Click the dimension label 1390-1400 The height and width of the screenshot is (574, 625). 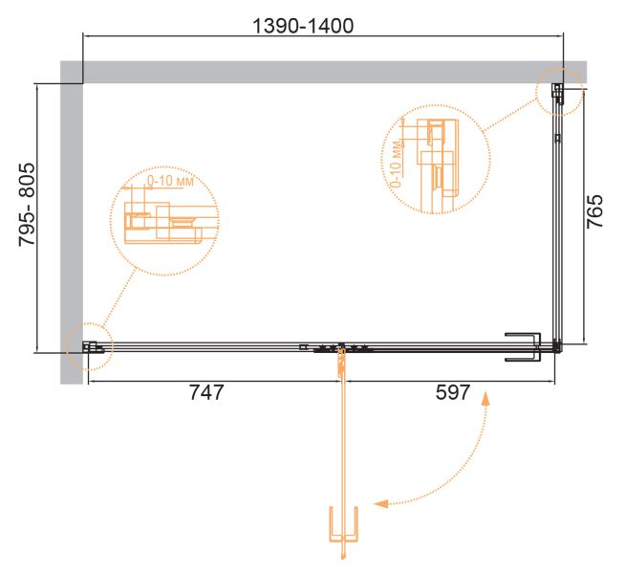click(x=303, y=27)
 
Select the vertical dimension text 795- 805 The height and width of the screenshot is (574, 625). click(x=28, y=204)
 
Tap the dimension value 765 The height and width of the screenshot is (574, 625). click(x=594, y=211)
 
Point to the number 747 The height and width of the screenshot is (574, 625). click(x=206, y=392)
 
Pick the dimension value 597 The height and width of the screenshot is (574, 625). click(x=453, y=392)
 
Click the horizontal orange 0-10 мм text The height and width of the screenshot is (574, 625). click(x=170, y=181)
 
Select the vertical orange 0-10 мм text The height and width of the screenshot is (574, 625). click(x=397, y=164)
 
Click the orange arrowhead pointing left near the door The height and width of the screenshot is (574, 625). click(x=381, y=504)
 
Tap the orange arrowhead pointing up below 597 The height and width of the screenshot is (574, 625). click(x=485, y=399)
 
